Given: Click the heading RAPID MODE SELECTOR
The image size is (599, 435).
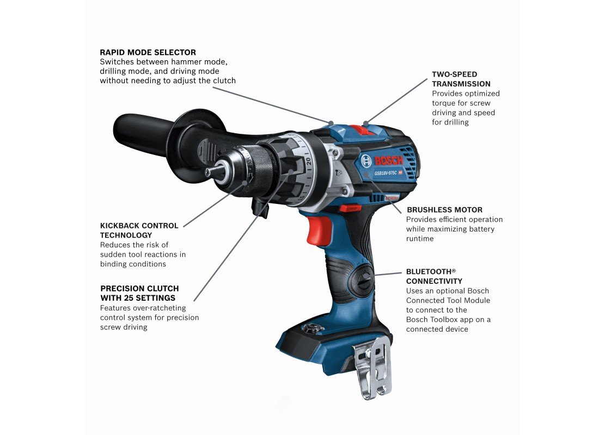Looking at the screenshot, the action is (x=148, y=52).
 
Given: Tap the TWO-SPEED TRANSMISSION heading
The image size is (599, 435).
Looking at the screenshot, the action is (x=461, y=79).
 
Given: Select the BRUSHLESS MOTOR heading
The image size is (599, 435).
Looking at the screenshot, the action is (x=444, y=210).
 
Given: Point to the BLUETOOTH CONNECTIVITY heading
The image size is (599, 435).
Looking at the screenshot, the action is (x=434, y=276).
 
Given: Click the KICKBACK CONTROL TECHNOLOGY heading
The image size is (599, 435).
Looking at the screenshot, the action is (x=139, y=231).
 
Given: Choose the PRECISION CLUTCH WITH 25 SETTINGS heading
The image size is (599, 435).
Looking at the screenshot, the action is (x=139, y=293).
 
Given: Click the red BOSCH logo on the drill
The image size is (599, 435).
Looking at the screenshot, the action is (x=388, y=160).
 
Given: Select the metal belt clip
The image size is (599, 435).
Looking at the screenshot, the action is (x=373, y=368).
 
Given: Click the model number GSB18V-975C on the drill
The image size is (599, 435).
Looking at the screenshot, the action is (x=386, y=173).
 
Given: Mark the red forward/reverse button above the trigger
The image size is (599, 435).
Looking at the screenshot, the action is (x=349, y=208).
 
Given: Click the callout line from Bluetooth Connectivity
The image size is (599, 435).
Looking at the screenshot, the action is (x=388, y=274).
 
